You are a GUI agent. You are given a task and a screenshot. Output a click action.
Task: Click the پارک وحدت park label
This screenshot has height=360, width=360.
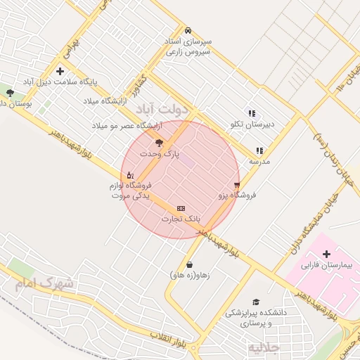point(160,153)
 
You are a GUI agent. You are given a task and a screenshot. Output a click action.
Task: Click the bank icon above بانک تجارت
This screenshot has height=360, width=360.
point(181,209)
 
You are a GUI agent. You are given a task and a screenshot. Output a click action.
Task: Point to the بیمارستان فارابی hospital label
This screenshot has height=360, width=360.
point(326,266)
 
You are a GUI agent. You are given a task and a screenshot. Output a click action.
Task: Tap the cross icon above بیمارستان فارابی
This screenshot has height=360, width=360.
point(326,254)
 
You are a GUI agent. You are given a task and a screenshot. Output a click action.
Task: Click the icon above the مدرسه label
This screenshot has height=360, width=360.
point(259,150)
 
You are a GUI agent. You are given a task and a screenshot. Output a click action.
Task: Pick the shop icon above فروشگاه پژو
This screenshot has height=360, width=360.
point(237,185)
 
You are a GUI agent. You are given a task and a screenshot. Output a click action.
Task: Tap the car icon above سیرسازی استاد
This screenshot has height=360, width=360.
point(188,31)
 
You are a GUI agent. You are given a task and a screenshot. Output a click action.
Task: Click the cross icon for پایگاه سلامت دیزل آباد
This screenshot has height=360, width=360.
point(60,71)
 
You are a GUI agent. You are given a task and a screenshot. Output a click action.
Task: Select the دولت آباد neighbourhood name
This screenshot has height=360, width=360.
point(167,110)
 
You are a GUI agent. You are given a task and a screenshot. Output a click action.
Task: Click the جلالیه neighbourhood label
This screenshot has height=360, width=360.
point(264,347)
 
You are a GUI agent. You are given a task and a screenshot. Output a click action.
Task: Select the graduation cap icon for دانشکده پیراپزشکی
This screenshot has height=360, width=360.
point(255,302)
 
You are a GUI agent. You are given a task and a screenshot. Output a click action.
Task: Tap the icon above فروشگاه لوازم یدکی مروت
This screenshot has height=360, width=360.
point(130,175)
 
